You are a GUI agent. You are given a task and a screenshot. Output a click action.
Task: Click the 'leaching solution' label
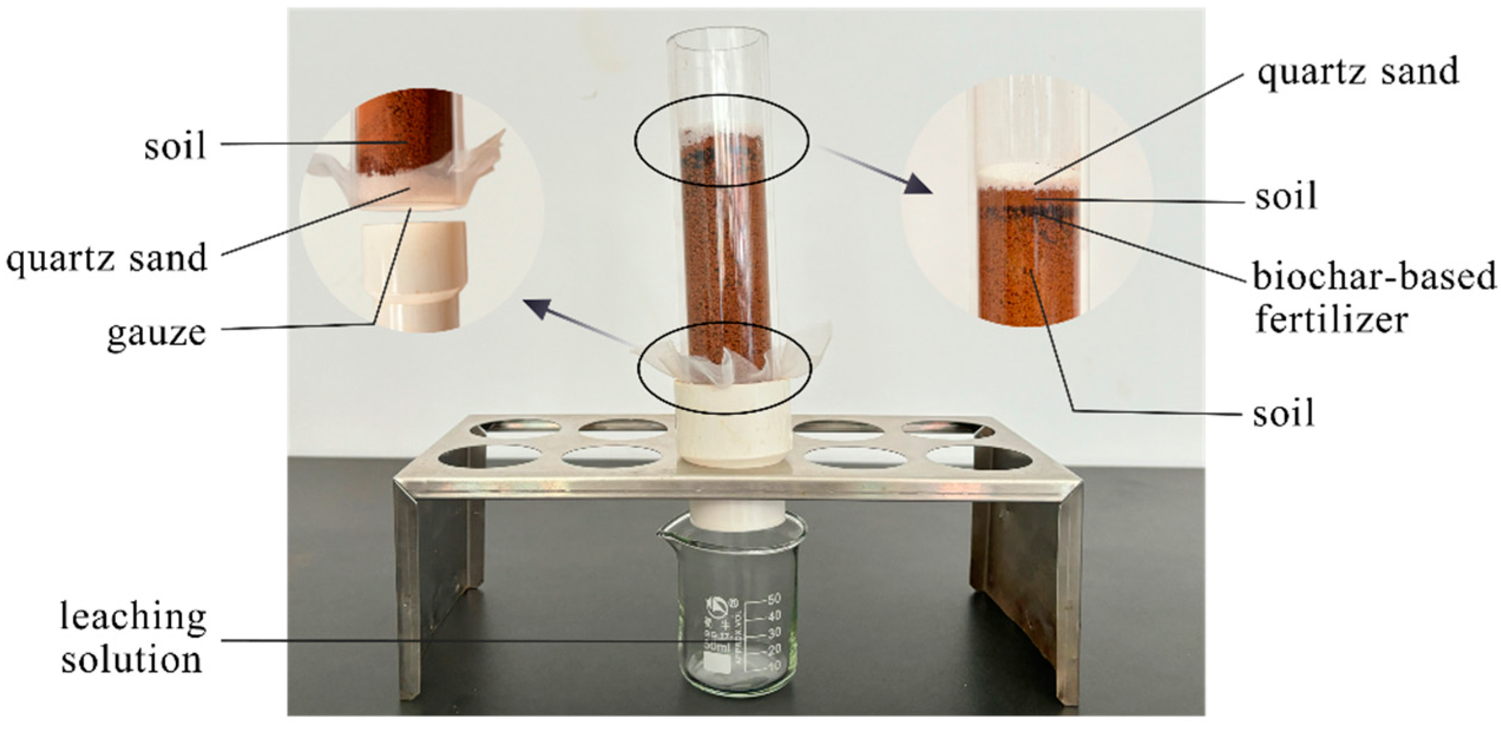(133, 638)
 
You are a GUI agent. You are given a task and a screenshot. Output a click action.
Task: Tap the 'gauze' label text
(157, 333)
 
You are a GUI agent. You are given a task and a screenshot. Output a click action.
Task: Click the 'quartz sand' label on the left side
(107, 258)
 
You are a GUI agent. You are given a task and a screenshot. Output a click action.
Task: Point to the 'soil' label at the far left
(175, 145)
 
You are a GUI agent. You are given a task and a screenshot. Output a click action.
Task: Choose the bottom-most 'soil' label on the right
(1283, 413)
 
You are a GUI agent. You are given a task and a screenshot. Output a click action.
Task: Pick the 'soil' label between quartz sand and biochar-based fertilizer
(1285, 196)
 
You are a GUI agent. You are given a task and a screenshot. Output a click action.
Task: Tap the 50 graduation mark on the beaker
(773, 599)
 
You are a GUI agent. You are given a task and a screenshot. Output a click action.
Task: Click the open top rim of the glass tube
(717, 39)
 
